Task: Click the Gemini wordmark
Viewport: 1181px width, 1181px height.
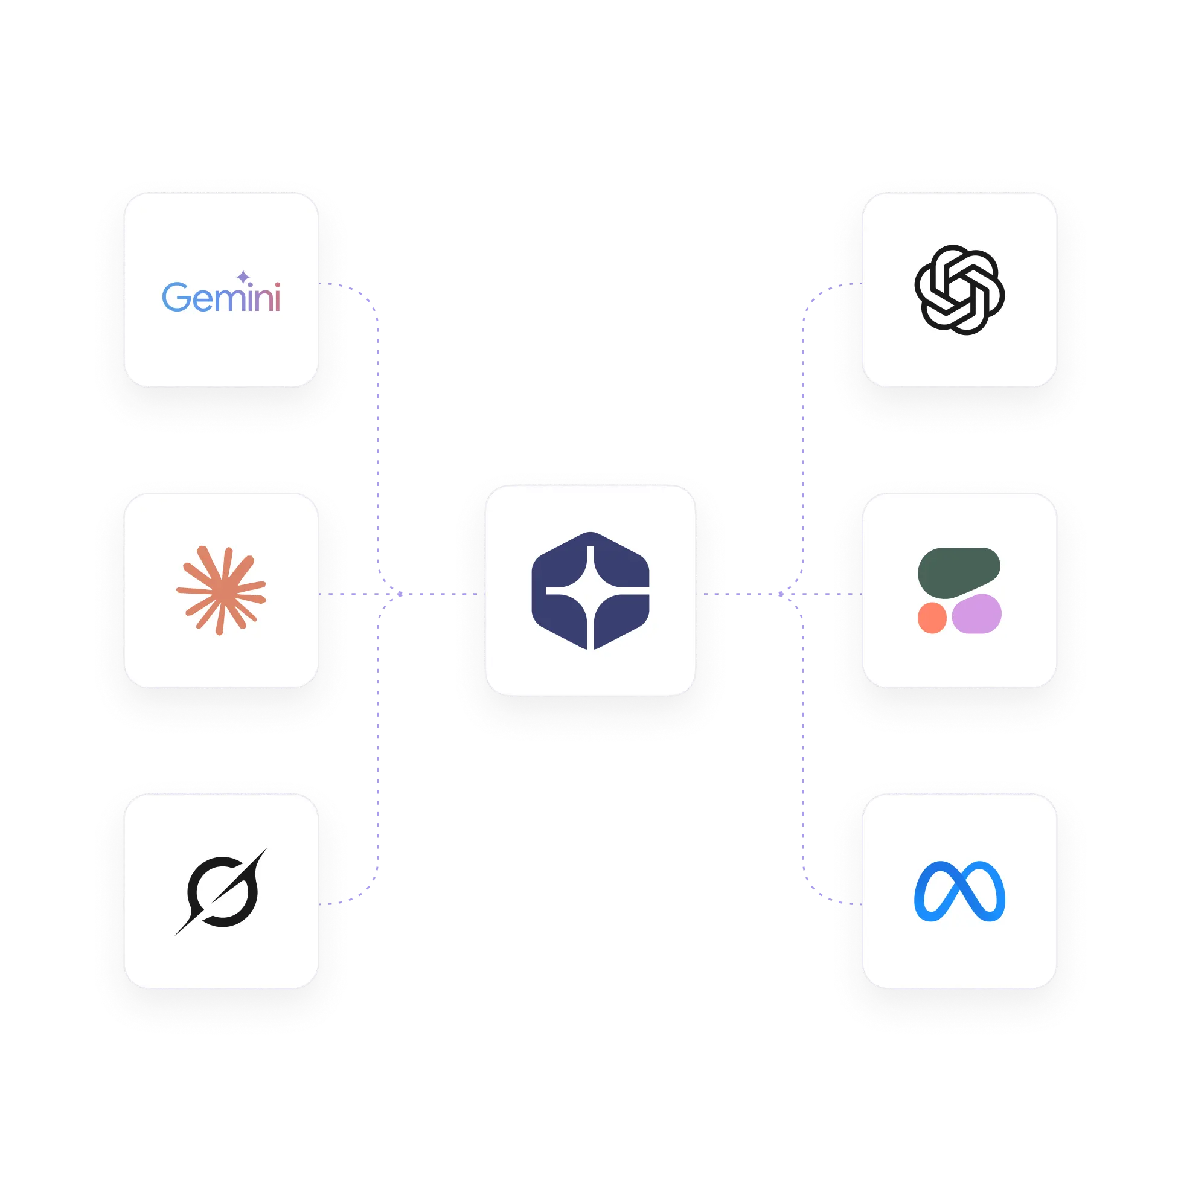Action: [221, 298]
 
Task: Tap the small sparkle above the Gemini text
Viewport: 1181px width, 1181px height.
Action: [243, 277]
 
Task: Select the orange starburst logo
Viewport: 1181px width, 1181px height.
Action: [221, 590]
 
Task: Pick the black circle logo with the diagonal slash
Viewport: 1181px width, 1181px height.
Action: [221, 891]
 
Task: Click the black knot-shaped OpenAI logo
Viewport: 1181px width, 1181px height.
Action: [960, 290]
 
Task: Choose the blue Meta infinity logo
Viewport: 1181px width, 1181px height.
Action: [960, 891]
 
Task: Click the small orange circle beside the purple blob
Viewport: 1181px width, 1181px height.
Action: [932, 618]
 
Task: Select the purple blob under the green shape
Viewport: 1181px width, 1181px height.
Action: [977, 614]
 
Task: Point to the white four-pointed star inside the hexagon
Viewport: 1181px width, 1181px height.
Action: [590, 592]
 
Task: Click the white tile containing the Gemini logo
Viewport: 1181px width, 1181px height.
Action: [221, 354]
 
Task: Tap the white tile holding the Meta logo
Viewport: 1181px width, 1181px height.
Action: [960, 960]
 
